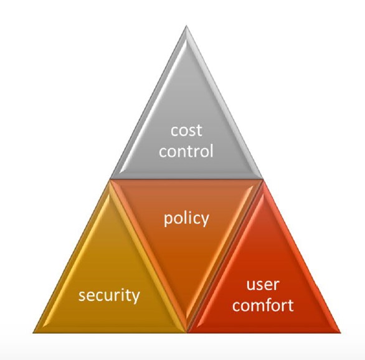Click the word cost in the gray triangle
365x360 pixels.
pyautogui.click(x=186, y=131)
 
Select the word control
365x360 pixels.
pyautogui.click(x=186, y=151)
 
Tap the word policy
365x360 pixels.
pyautogui.click(x=186, y=219)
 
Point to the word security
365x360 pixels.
pyautogui.click(x=109, y=295)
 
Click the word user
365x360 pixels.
pyautogui.click(x=263, y=285)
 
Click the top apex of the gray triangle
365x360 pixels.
pyautogui.click(x=186, y=26)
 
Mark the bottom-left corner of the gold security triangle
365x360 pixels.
pyautogui.click(x=33, y=333)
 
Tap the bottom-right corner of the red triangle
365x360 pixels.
pyautogui.click(x=340, y=333)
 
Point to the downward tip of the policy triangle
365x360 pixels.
pyautogui.click(x=186, y=331)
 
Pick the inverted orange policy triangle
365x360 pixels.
pyautogui.click(x=186, y=233)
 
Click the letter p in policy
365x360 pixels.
pyautogui.click(x=168, y=220)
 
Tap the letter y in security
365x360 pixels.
pyautogui.click(x=136, y=297)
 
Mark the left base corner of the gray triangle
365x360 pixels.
pyautogui.click(x=110, y=179)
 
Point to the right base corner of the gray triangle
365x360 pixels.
pyautogui.click(x=263, y=179)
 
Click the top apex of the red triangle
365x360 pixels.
pyautogui.click(x=263, y=181)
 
